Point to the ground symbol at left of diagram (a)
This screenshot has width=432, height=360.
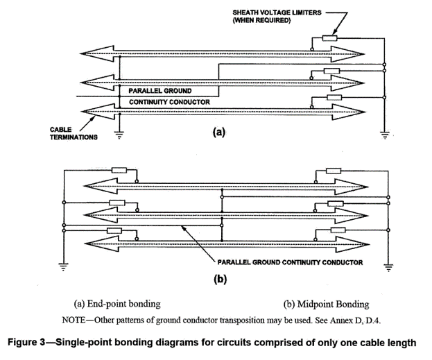click(119, 135)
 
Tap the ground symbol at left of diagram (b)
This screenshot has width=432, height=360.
click(62, 264)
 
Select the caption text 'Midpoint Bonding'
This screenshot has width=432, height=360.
click(327, 304)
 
